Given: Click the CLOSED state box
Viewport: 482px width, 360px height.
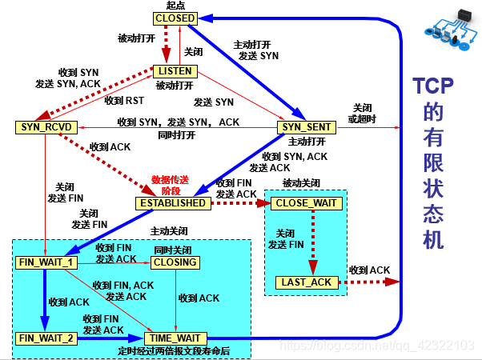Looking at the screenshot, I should point(174,18).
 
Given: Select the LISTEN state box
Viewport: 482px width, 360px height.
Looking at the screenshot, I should point(174,71).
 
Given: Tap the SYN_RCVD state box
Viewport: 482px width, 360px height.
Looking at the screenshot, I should point(46,127).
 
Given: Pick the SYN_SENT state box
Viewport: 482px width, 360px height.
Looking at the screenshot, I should point(305,127).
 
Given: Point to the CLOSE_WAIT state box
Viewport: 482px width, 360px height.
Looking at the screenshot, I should point(306,202).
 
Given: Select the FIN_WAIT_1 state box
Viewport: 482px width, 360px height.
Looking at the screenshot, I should point(46,262).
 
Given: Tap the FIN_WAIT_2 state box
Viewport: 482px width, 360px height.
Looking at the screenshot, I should point(46,338).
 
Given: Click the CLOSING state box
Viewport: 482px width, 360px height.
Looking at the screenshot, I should point(175,262).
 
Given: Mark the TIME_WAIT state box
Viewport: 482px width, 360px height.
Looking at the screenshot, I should point(175,338).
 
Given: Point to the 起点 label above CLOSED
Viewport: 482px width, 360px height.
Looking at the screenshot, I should point(174,6).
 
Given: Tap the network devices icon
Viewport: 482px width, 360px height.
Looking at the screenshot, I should point(447,32).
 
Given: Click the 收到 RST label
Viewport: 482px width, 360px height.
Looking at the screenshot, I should point(123,101).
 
